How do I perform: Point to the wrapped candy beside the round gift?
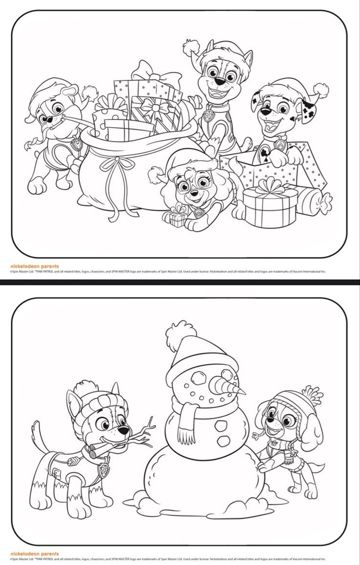[314, 200]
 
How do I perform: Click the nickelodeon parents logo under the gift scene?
[34, 267]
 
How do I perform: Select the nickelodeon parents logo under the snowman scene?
[34, 554]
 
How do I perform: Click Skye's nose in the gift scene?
[194, 194]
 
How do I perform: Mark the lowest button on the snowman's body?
[224, 440]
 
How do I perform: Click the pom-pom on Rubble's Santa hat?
[89, 92]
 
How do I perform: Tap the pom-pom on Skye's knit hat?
[312, 394]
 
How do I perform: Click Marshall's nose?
[265, 112]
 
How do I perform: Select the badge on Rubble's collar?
[76, 144]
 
